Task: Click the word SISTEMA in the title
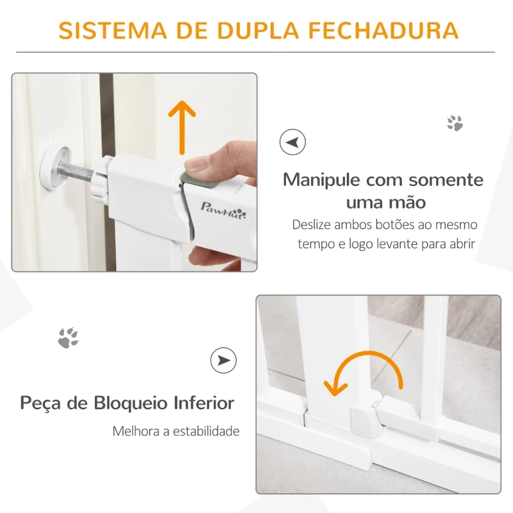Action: coord(113,30)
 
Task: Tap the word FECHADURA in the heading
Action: coord(383,30)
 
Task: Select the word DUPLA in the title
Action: coord(258,30)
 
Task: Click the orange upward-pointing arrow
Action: coord(182,128)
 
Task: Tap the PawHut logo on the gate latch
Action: coord(223,211)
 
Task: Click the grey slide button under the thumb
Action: coord(198,181)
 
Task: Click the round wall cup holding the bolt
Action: coord(55,166)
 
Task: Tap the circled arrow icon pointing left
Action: coord(292,142)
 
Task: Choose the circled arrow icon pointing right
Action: coord(223,360)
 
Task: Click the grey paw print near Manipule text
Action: coord(455,122)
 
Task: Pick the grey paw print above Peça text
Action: coord(69,337)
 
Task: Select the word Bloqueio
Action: coord(131,403)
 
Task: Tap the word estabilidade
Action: coord(206,431)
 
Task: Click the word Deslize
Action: coord(312,225)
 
